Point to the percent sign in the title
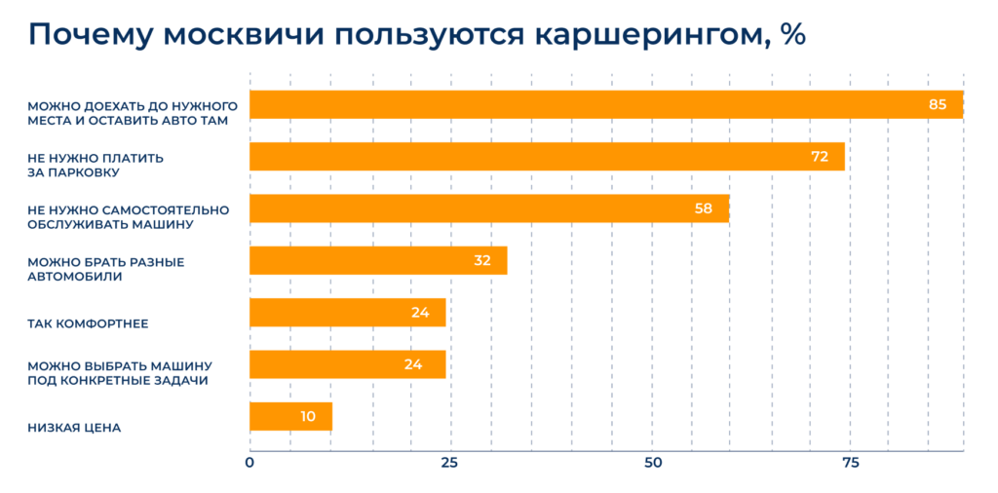pyautogui.click(x=792, y=34)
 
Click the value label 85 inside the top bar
pyautogui.click(x=938, y=104)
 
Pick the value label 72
pyautogui.click(x=820, y=156)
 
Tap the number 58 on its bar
pyautogui.click(x=704, y=209)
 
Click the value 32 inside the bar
pyautogui.click(x=481, y=260)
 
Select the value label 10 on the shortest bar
pyautogui.click(x=308, y=416)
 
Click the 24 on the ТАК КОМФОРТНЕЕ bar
pyautogui.click(x=420, y=313)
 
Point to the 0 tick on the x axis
pyautogui.click(x=249, y=463)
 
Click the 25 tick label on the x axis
pyautogui.click(x=449, y=463)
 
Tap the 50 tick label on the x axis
pyautogui.click(x=650, y=463)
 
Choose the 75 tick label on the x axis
pyautogui.click(x=850, y=463)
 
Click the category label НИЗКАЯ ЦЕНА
pyautogui.click(x=74, y=427)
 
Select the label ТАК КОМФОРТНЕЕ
pyautogui.click(x=88, y=322)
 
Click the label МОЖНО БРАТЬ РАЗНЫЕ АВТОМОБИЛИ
pyautogui.click(x=105, y=269)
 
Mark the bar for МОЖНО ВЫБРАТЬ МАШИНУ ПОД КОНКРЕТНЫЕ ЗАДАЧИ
pyautogui.click(x=347, y=364)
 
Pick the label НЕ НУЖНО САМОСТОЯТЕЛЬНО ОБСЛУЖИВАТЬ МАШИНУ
pyautogui.click(x=128, y=216)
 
